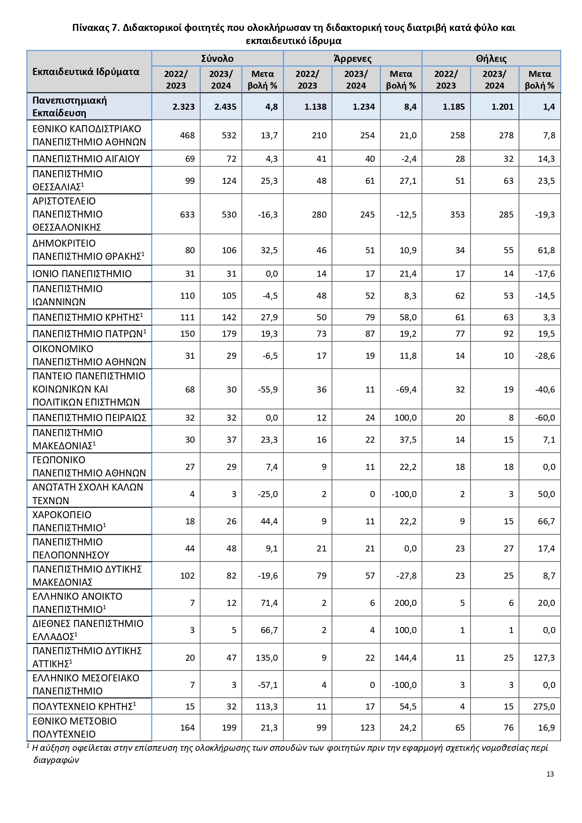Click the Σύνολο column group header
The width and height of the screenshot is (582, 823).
tap(217, 59)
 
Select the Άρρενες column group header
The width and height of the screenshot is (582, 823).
tap(352, 59)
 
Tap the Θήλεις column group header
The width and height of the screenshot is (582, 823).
tap(491, 59)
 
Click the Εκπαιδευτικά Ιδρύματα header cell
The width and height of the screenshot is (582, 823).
tap(86, 72)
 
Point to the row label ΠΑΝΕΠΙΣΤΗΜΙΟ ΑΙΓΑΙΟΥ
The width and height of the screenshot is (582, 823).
tap(86, 159)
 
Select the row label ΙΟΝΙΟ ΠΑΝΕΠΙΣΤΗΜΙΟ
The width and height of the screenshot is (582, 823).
tap(82, 273)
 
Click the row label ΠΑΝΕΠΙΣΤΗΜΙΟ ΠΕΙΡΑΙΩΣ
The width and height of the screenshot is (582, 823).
tap(89, 417)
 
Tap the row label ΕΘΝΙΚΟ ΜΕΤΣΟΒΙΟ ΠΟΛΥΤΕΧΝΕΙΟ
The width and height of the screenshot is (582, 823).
tap(75, 727)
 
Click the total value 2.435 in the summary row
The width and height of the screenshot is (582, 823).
tap(225, 106)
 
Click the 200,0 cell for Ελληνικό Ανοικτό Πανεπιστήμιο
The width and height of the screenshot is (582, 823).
tap(405, 603)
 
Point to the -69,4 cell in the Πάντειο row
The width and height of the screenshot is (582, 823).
tap(406, 389)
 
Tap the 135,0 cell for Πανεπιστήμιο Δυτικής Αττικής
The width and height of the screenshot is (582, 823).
tap(267, 657)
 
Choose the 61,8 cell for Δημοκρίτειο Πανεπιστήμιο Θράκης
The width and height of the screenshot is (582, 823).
tap(546, 250)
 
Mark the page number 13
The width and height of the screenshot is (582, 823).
tap(550, 774)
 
